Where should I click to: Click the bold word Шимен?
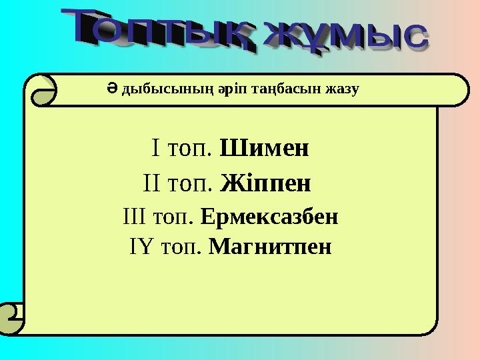coord(264,148)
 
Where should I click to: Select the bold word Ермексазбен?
coord(269,217)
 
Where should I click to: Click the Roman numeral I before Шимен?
coord(155,148)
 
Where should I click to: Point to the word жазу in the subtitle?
coord(341,89)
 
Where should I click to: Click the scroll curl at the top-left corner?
coord(41,90)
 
